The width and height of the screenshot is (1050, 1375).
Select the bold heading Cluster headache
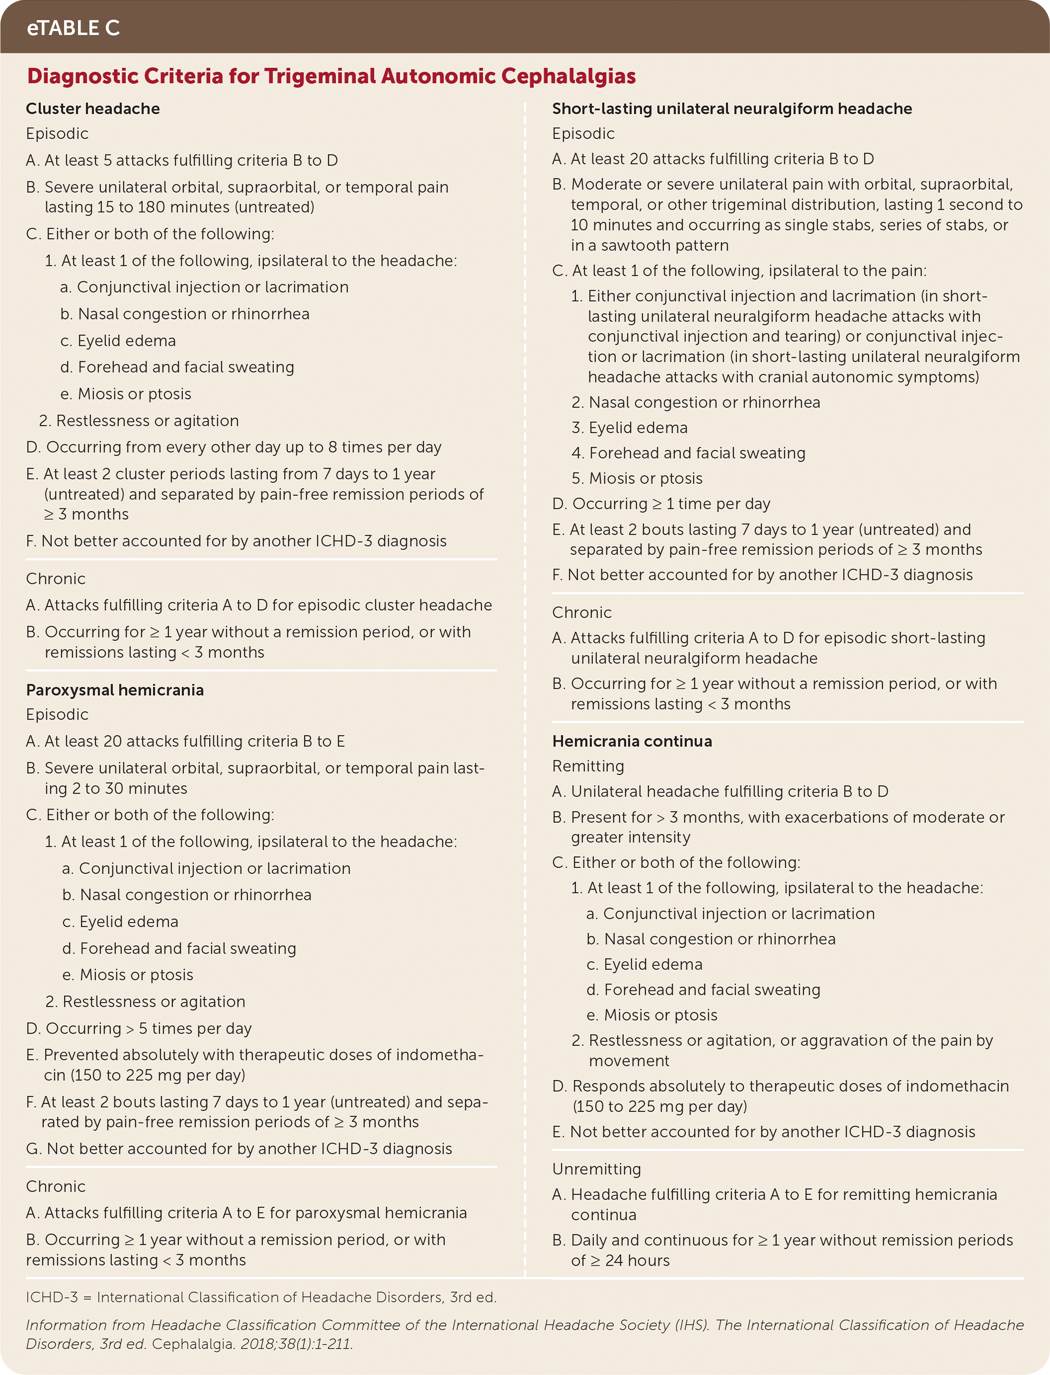point(93,109)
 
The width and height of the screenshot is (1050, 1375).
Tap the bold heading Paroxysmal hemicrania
point(115,690)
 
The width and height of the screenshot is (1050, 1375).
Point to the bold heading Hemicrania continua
point(632,741)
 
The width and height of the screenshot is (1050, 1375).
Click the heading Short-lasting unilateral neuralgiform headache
point(732,109)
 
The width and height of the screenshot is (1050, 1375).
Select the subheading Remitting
point(588,766)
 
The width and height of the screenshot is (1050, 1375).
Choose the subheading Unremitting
point(597,1169)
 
